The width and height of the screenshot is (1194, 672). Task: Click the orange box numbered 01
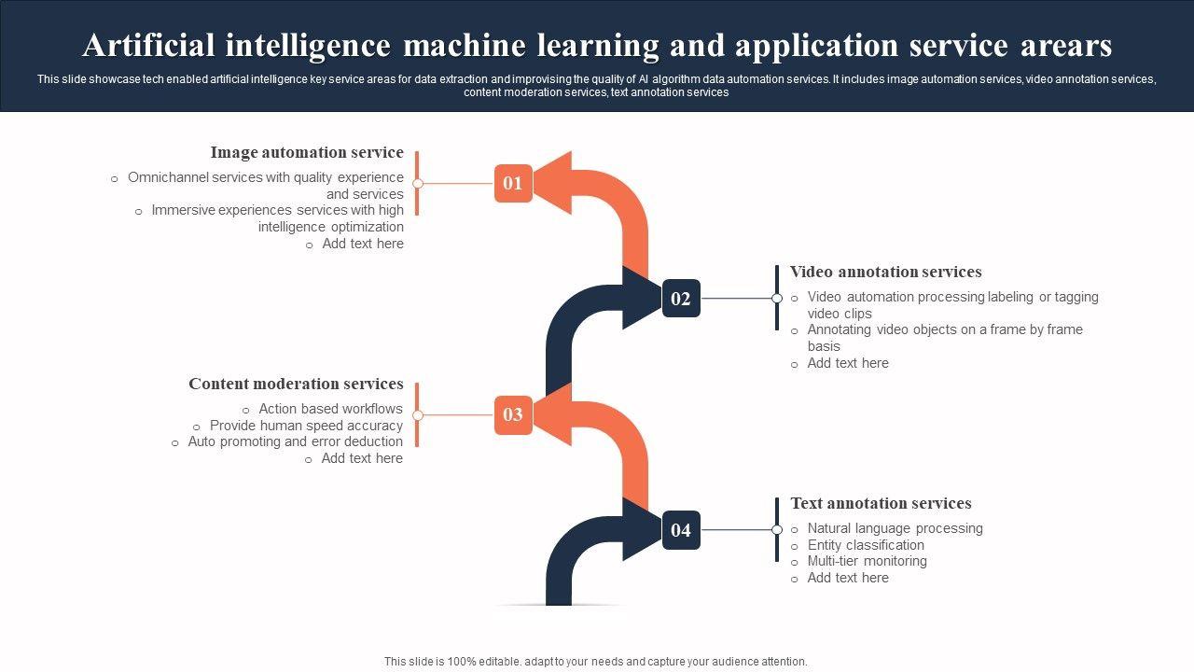coord(513,183)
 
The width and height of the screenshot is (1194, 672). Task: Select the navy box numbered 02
coord(681,299)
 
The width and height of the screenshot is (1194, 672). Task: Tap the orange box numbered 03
coord(513,414)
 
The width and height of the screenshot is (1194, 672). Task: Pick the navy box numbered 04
coord(681,530)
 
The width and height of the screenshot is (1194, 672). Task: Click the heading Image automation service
coord(307,152)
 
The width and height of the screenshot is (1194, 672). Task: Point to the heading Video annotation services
coord(885,272)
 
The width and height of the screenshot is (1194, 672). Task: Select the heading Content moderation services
coord(296,384)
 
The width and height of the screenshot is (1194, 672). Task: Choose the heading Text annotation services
coord(881,503)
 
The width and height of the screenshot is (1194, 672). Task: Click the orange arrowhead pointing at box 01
coord(555,176)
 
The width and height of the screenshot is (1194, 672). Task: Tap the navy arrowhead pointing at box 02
coord(641,297)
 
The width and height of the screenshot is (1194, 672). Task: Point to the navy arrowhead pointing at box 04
coord(641,528)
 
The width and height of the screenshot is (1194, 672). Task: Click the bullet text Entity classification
coord(866,545)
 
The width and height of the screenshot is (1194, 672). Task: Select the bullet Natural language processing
coord(895,528)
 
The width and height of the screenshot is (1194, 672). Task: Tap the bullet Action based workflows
coord(330,409)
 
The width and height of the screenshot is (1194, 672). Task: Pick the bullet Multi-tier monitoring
coord(867,561)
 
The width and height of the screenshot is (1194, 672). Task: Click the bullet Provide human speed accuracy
coord(306,426)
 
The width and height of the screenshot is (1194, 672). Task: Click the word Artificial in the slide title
coord(151,45)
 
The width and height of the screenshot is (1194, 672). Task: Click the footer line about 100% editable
coord(596,662)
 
